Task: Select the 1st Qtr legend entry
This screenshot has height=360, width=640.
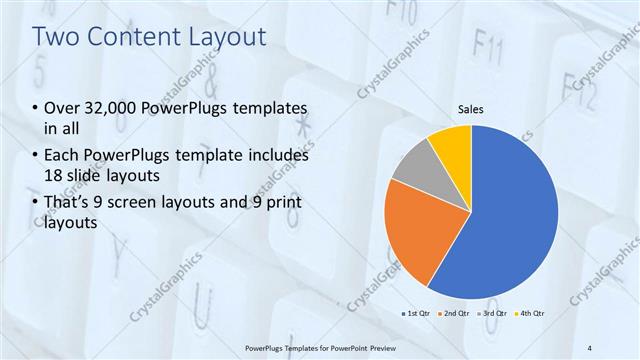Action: [417, 314]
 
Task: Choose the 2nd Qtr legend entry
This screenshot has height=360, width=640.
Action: [455, 314]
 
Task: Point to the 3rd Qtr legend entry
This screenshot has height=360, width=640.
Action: [493, 314]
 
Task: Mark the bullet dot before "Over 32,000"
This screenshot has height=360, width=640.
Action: [36, 108]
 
